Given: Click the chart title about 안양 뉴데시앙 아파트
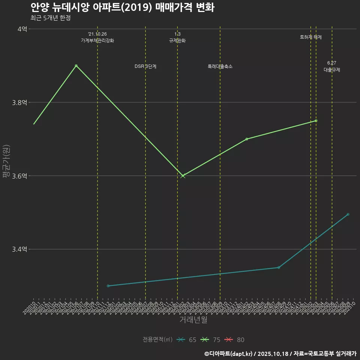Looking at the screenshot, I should pos(122,7).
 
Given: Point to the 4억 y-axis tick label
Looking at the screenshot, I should pos(22,29).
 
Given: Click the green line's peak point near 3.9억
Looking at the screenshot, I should pos(76,66).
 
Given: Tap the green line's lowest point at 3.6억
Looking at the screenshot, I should pos(183,176).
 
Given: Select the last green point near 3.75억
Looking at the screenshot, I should pos(316,121).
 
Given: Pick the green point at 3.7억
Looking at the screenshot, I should pos(247,139).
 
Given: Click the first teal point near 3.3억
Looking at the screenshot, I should pos(108,286).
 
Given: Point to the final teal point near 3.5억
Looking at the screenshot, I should pos(348,214).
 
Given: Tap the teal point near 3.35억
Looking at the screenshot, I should pos(279,267).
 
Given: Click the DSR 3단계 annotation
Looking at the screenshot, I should pos(145,66).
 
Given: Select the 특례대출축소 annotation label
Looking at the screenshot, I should pos(220,66).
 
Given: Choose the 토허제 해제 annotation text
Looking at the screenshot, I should pos(311,37).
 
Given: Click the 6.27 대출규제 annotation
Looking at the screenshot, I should pos(332,66).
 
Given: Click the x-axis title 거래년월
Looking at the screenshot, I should pos(193,320).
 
